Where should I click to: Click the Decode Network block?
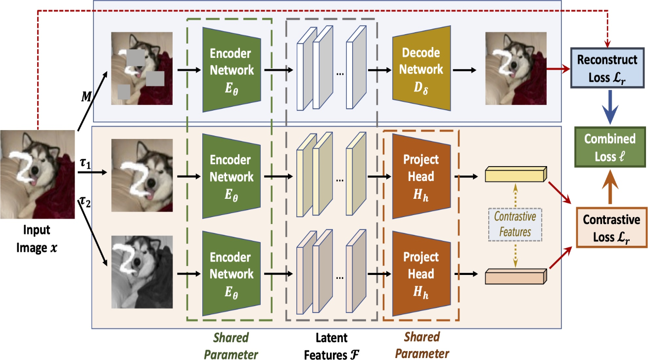click(x=421, y=68)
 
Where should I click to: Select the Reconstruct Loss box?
click(x=607, y=68)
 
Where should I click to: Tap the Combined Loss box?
click(x=610, y=147)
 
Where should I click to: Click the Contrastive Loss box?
click(x=611, y=227)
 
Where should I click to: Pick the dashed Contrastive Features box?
click(x=515, y=225)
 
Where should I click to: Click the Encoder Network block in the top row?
click(x=231, y=70)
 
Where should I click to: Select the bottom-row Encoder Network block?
click(x=231, y=273)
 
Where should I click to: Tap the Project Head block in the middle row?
click(x=421, y=176)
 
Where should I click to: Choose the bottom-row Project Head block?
click(x=421, y=273)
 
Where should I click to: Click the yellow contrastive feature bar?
click(x=516, y=174)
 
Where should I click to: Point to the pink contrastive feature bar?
click(x=516, y=276)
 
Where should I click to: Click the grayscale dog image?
click(x=142, y=272)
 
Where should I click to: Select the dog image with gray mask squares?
click(x=142, y=68)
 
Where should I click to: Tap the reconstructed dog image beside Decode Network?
click(x=516, y=68)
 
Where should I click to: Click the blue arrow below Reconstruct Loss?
click(x=610, y=107)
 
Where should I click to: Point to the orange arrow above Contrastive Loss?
click(x=610, y=187)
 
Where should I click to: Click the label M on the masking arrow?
click(x=86, y=97)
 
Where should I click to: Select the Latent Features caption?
click(x=331, y=346)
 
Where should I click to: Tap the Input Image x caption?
click(x=37, y=239)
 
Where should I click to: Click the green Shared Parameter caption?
click(x=231, y=346)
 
